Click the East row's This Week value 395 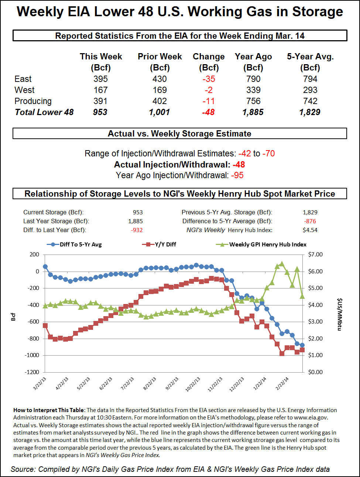tap(100, 79)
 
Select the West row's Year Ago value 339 tap(253, 90)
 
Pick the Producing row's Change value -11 tap(209, 101)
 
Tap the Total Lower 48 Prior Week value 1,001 tap(160, 112)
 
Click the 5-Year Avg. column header tap(310, 57)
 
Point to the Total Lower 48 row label tap(44, 112)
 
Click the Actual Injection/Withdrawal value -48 tap(239, 165)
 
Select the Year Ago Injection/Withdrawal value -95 tap(237, 175)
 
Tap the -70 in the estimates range tap(268, 153)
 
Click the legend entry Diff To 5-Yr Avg tap(80, 244)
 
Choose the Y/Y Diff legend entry tap(165, 244)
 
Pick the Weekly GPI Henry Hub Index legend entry tap(268, 244)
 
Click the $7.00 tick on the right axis tap(315, 255)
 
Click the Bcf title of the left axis tap(13, 317)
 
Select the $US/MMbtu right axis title tap(339, 314)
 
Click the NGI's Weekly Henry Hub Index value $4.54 tap(310, 230)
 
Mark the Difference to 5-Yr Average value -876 tap(310, 221)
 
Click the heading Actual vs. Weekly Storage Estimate tap(179, 134)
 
